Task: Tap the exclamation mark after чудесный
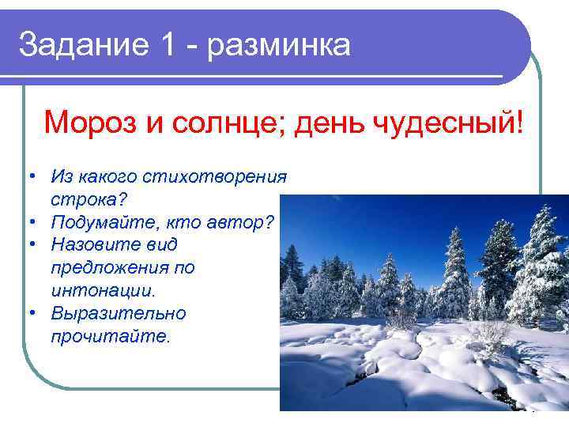(518, 123)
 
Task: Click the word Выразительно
(118, 313)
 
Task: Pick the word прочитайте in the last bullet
(108, 336)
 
